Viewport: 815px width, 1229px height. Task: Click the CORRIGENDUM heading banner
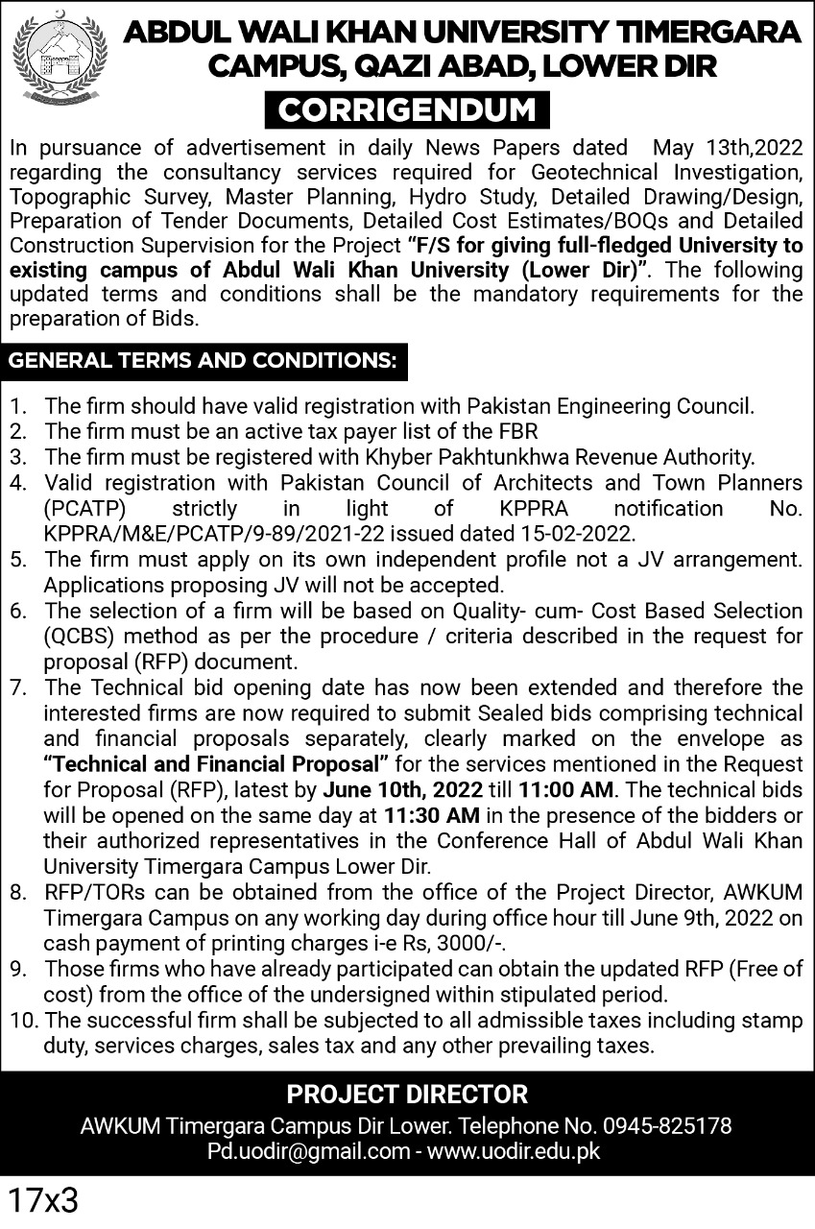(x=407, y=109)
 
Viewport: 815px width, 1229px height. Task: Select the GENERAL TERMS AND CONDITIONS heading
(x=203, y=361)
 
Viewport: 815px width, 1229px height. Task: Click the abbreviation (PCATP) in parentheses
(x=84, y=507)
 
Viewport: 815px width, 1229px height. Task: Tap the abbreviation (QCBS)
(x=84, y=636)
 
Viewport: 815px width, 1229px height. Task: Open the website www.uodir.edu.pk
(x=515, y=1150)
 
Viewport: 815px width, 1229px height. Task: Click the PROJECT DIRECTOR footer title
(x=407, y=1094)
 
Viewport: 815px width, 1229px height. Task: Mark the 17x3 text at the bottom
(x=43, y=1201)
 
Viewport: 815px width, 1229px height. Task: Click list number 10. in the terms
(x=21, y=1021)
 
